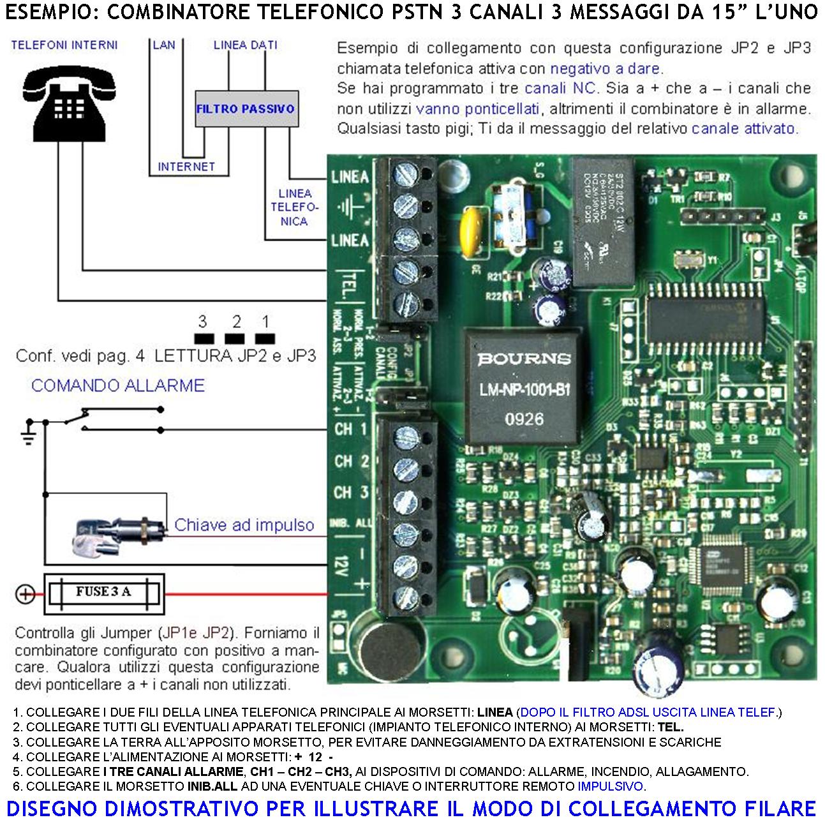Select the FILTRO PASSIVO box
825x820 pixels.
(246, 109)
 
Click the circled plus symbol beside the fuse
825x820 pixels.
(25, 594)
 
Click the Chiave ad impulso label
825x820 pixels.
(244, 525)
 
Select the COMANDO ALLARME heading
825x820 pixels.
(118, 385)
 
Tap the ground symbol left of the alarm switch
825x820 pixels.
(28, 432)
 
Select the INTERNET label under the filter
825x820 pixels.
(186, 167)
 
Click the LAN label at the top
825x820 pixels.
(164, 45)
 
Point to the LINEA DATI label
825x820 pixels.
(245, 45)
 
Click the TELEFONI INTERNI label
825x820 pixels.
(64, 45)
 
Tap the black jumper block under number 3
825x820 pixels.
(204, 339)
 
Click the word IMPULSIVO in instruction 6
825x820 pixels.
(611, 786)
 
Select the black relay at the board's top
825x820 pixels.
(603, 220)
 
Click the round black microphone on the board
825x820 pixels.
(384, 644)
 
